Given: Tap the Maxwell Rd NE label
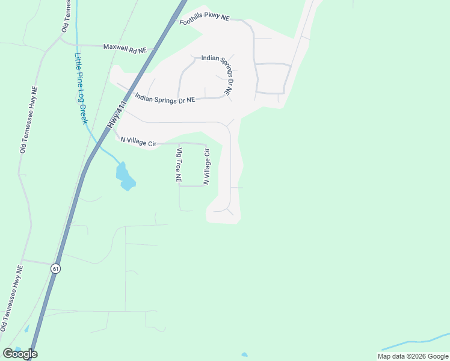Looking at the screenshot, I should tap(125, 46).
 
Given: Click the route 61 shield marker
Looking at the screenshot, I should tap(56, 268).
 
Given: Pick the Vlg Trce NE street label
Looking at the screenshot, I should tap(178, 165).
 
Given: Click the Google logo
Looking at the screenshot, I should tap(20, 354).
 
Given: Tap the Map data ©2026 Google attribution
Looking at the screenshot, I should tap(413, 356).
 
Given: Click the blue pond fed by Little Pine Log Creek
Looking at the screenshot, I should tap(125, 176).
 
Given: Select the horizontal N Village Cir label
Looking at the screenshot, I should tap(138, 142).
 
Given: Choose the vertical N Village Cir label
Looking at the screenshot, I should tap(206, 167).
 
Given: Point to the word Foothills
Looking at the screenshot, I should tap(193, 22).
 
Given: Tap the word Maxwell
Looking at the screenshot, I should tap(116, 46).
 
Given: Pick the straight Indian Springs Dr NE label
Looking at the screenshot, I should tap(165, 98).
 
